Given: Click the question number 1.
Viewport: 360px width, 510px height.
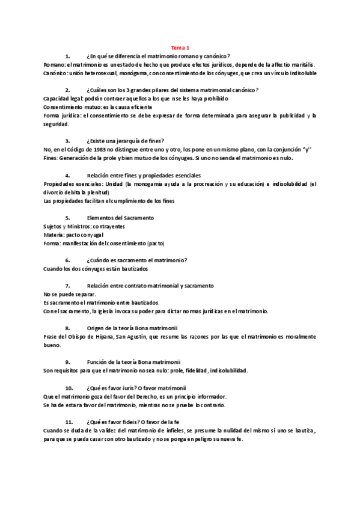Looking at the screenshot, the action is click(x=68, y=55).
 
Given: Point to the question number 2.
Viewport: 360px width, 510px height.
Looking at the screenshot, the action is click(x=68, y=90).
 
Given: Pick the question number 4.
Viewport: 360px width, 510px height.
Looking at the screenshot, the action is click(x=68, y=175).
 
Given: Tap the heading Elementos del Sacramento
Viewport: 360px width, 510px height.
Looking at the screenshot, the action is click(x=120, y=217).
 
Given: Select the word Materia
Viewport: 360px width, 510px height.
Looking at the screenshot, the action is click(x=54, y=235).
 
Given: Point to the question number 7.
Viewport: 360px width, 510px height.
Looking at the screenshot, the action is click(x=68, y=285).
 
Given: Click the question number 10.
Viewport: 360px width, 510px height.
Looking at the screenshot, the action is click(x=69, y=387).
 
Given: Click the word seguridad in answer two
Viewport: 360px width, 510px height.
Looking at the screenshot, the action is click(x=56, y=124).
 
